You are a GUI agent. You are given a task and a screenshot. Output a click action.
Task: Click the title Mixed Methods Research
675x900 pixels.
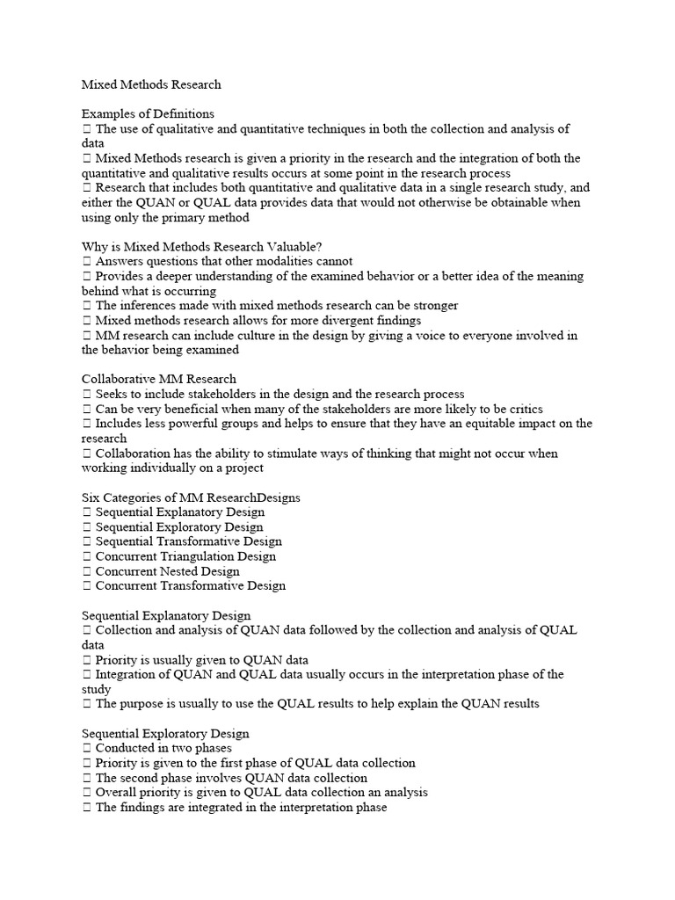coord(151,85)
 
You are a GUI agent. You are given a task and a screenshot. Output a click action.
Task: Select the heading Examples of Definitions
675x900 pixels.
coord(148,114)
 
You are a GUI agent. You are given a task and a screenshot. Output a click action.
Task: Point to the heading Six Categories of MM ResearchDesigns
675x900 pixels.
coord(191,497)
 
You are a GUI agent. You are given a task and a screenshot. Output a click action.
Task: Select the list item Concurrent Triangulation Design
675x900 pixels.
coord(185,556)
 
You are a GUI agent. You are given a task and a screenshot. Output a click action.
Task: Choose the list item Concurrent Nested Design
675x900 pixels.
coord(167,571)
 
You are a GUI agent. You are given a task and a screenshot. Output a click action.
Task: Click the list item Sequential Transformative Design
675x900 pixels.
coord(188,541)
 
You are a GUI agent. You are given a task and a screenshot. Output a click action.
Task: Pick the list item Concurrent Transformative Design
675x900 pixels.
coord(190,586)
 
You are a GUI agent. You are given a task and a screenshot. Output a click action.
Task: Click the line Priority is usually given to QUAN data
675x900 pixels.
coord(201,659)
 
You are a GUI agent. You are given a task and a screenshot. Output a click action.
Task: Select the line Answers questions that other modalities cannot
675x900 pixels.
coord(224,261)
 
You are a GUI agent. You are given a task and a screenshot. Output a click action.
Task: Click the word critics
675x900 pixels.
coord(524,409)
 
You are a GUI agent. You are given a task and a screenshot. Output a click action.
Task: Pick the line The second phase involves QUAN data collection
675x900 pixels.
coord(231,778)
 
